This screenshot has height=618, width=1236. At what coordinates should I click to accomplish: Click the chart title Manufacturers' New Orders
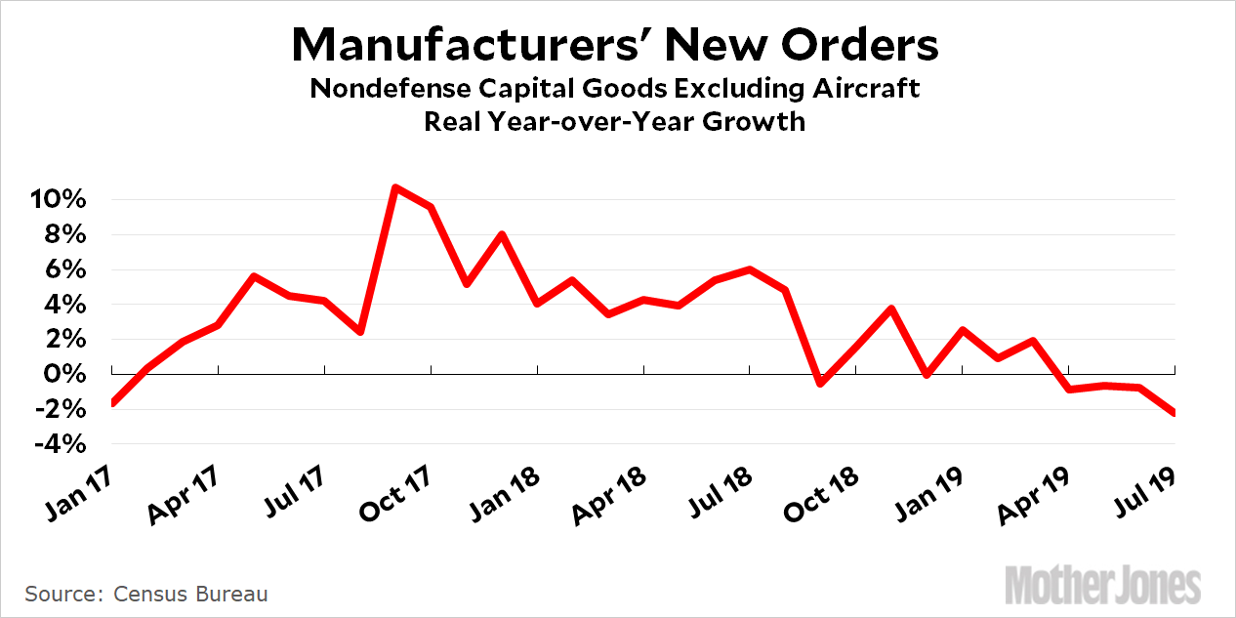pyautogui.click(x=616, y=45)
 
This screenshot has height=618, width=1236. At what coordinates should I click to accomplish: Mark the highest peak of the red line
pyautogui.click(x=394, y=186)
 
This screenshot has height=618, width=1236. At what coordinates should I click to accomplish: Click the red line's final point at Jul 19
pyautogui.click(x=1173, y=413)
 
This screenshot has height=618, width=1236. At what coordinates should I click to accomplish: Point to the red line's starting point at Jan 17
pyautogui.click(x=113, y=402)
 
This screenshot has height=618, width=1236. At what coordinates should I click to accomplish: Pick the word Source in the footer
pyautogui.click(x=60, y=594)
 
